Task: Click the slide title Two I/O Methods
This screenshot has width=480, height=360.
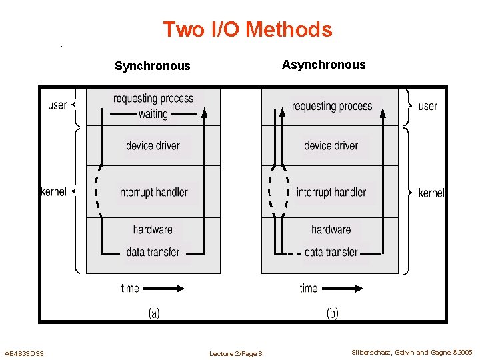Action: tap(247, 29)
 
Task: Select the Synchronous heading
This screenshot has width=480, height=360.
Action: tap(152, 66)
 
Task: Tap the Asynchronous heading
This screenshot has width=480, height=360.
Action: tap(323, 65)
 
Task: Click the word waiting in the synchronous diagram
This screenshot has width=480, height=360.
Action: tap(153, 114)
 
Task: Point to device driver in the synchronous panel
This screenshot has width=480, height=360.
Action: tap(153, 145)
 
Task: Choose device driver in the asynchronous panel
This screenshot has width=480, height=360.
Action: tap(331, 145)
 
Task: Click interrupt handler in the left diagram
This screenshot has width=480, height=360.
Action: tap(153, 192)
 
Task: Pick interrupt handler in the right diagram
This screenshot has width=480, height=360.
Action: tap(331, 192)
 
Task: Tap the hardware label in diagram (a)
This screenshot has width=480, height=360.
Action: tap(153, 229)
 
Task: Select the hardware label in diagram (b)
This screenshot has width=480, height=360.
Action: tap(331, 229)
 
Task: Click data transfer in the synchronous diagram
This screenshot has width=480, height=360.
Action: tap(153, 252)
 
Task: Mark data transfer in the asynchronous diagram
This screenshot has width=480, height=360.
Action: tap(331, 252)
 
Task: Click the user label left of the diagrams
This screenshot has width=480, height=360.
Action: tap(57, 105)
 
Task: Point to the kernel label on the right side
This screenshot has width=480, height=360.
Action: tap(431, 193)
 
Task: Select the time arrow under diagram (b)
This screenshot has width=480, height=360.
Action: tap(342, 288)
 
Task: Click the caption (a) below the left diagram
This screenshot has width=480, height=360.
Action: tap(153, 313)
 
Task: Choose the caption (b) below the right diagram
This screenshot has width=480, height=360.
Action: tap(332, 313)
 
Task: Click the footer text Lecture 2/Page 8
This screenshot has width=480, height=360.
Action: tap(235, 353)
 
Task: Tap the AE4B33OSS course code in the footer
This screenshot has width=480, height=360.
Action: tap(24, 353)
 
